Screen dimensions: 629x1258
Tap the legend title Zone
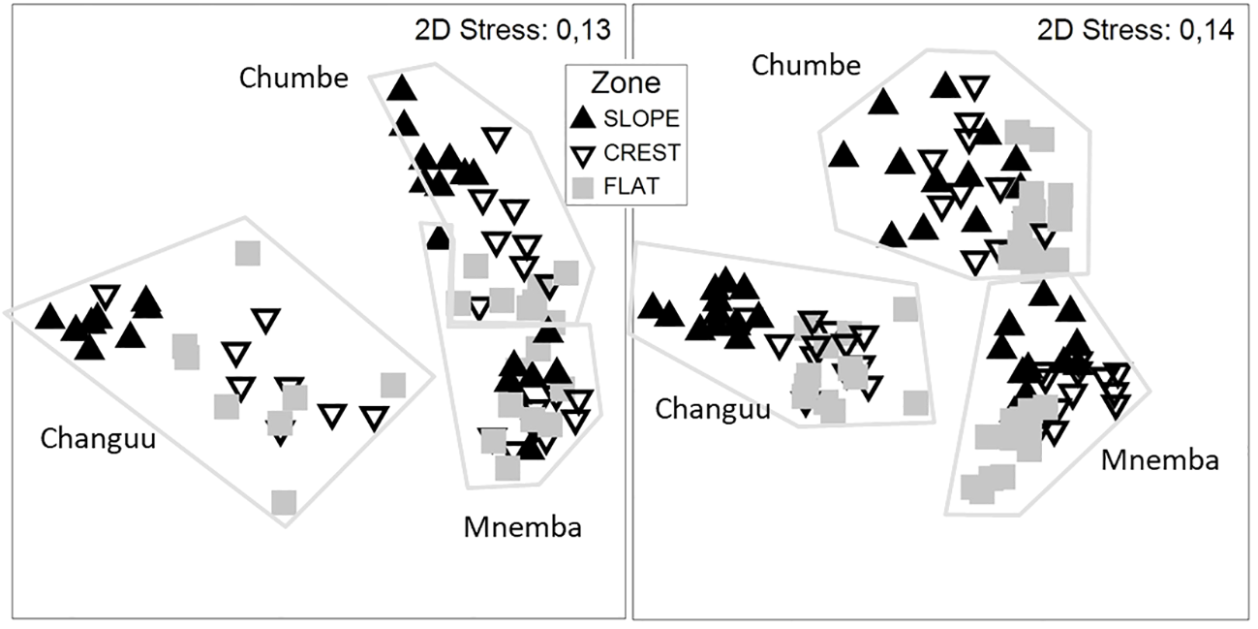pos(625,84)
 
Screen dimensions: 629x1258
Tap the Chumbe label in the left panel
pos(293,78)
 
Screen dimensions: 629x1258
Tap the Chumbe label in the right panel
pos(806,65)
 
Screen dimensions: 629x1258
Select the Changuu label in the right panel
pos(713,408)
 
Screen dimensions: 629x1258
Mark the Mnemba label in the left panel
pos(508,527)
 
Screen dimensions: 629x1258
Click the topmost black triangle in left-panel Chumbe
pos(401,88)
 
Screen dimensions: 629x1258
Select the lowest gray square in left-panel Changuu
pos(284,502)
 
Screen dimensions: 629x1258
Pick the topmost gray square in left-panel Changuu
pos(248,253)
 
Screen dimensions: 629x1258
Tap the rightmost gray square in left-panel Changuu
pos(392,385)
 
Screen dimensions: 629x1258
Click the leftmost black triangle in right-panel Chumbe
pos(844,155)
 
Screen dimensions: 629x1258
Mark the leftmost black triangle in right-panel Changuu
pos(650,307)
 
